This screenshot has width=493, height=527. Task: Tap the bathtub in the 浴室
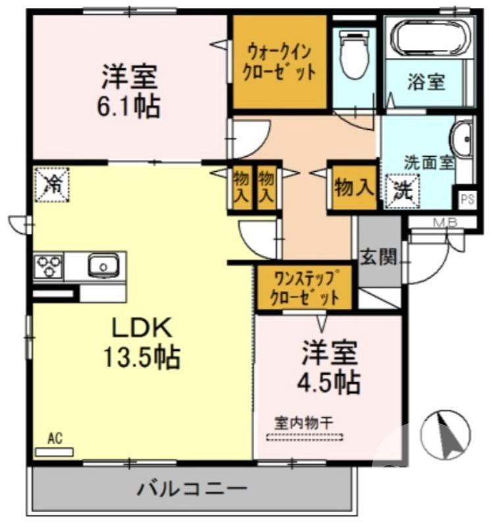(x=428, y=38)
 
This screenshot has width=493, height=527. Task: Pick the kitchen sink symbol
(x=103, y=266)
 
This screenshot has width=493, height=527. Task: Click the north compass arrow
(x=448, y=435)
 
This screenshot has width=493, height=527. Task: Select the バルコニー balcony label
(x=192, y=489)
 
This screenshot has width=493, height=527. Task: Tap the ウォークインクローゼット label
(x=280, y=60)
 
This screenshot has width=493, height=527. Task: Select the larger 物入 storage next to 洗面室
(x=353, y=188)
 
